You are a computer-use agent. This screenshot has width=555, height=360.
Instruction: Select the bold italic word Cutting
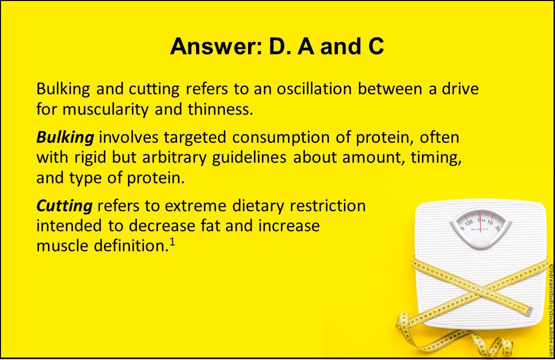tap(64, 205)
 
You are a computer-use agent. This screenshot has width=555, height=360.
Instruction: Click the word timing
tap(434, 157)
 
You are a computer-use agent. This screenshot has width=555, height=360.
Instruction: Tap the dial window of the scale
tap(480, 223)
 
